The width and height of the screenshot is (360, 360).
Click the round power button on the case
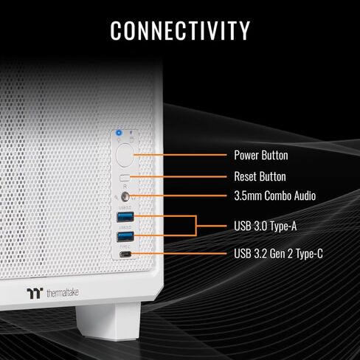click(125, 156)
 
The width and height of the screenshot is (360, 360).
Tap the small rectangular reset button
click(125, 178)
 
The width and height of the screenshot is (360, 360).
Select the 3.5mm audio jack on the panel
click(125, 196)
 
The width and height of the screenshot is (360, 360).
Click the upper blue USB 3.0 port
click(125, 217)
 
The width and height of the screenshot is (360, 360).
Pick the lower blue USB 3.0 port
click(125, 236)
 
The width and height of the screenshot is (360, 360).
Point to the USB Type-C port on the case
click(125, 254)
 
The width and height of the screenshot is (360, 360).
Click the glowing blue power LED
click(119, 133)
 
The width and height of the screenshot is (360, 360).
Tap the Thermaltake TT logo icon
click(35, 293)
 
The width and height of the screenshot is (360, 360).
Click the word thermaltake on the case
click(63, 293)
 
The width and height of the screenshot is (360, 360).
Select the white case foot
click(108, 321)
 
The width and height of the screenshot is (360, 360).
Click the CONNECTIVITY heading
click(180, 30)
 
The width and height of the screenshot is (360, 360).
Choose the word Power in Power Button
click(246, 155)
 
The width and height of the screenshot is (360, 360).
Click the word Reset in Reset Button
click(246, 176)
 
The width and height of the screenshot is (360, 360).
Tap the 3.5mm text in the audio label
click(248, 196)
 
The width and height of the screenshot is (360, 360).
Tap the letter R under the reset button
click(125, 187)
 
